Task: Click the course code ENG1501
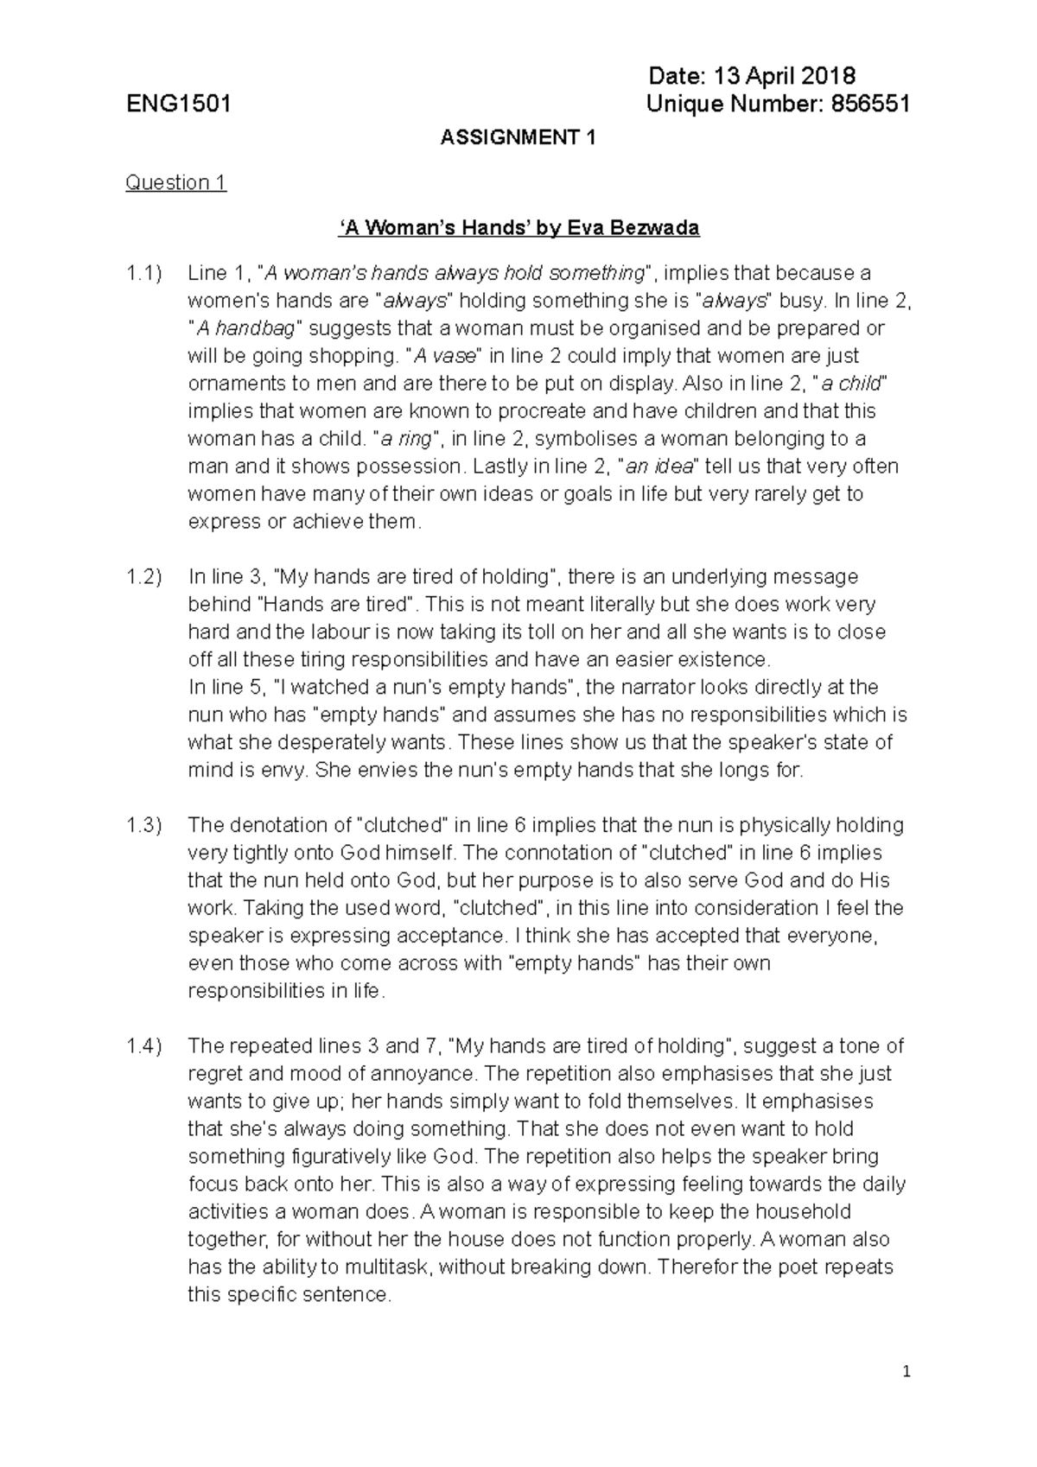tap(178, 105)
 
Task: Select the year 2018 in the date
tap(826, 77)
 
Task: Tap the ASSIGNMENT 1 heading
tap(518, 137)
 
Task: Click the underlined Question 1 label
tap(175, 183)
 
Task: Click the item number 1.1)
tap(143, 274)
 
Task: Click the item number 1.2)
tap(143, 577)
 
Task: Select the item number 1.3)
tap(143, 826)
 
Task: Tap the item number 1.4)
tap(143, 1047)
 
